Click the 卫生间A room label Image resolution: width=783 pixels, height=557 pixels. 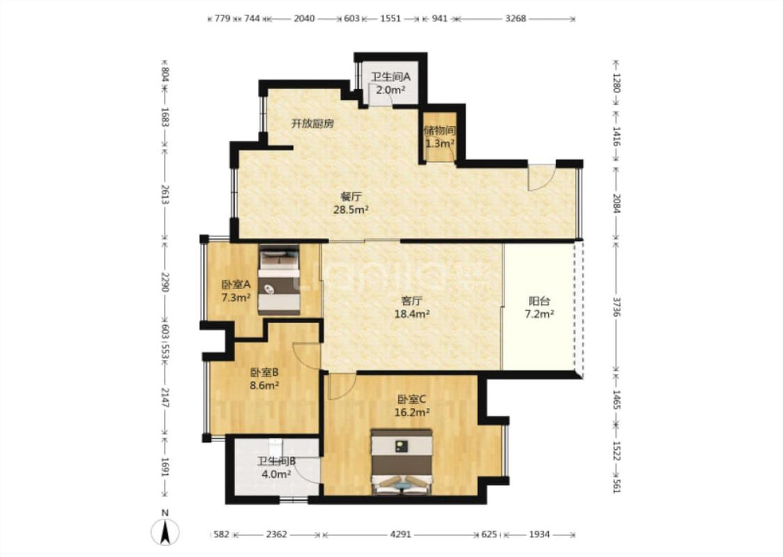coord(390,77)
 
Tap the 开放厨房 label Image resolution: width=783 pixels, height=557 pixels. coord(313,124)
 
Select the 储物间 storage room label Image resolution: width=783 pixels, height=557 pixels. coord(439,131)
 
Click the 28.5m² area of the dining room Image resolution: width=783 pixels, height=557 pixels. coord(351,210)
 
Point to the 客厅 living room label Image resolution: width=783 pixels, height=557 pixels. coord(412,301)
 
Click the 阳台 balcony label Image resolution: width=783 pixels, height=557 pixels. coord(539,301)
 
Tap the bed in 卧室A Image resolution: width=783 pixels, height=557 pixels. coord(279,280)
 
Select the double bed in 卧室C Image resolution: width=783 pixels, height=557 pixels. coord(402,462)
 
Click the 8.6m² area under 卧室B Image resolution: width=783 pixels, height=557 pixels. coord(264,386)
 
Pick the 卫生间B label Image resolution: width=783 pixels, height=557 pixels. coord(276,461)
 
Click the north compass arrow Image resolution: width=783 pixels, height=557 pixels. coord(165,532)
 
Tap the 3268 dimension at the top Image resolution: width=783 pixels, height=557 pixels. coord(516,19)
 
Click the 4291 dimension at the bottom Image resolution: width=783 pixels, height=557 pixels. coord(400,535)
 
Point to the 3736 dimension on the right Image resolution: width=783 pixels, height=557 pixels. coord(617,306)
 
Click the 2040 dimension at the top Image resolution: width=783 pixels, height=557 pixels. coord(304,19)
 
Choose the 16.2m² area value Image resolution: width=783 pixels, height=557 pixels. coord(412,413)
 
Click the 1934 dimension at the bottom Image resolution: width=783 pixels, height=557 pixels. coord(539,535)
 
